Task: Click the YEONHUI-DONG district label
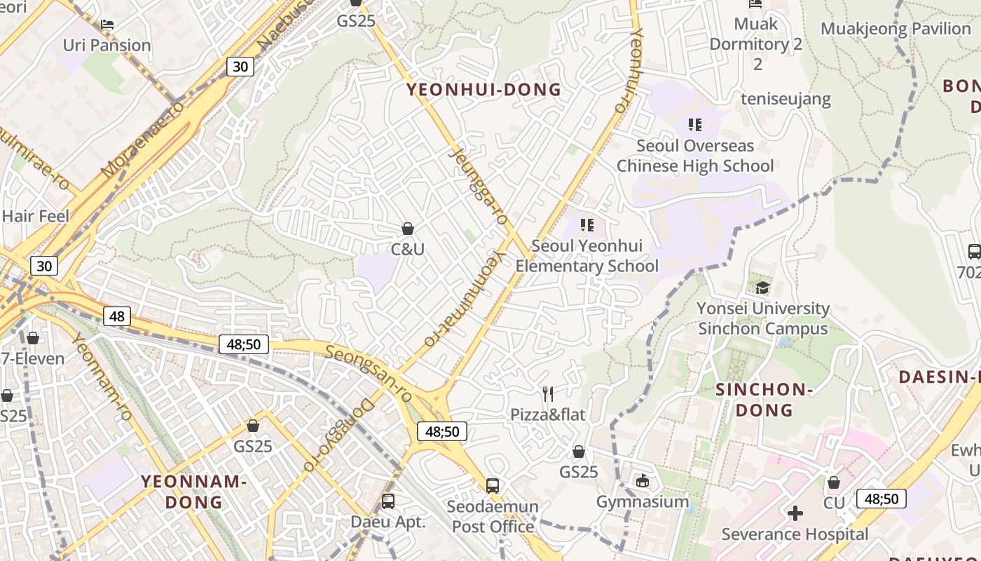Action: click(484, 90)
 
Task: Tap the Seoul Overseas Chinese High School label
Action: click(695, 156)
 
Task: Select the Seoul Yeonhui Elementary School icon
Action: click(587, 225)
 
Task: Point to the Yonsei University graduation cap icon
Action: click(762, 288)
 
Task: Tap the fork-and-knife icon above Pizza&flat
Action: click(548, 394)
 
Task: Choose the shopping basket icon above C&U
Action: click(407, 229)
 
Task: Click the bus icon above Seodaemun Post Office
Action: click(493, 485)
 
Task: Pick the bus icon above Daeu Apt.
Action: click(388, 501)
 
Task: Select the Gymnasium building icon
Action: click(643, 480)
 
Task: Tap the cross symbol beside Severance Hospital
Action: click(795, 513)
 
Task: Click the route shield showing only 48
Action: click(116, 316)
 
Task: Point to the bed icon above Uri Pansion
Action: click(107, 24)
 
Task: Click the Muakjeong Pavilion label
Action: click(895, 29)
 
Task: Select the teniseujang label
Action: click(786, 99)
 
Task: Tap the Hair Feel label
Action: click(36, 216)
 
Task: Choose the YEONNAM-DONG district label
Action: click(194, 492)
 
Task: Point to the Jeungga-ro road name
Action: click(480, 187)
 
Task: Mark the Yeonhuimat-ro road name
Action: click(465, 298)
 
